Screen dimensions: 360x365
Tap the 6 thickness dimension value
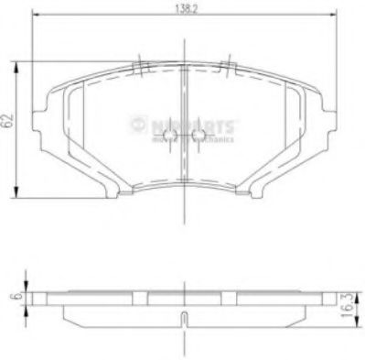(x=12, y=297)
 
